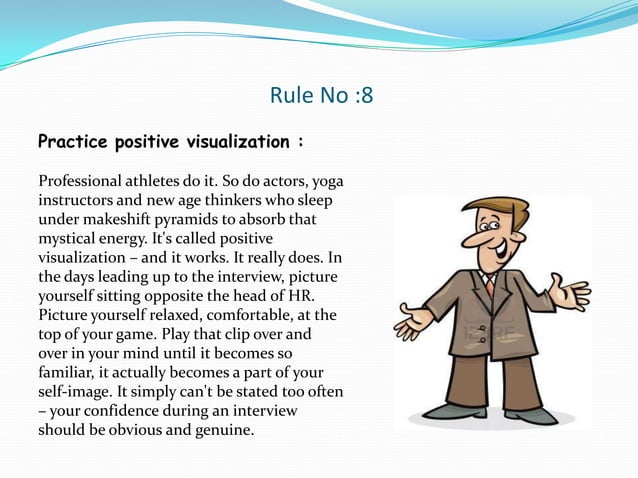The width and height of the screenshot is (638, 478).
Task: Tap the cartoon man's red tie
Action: click(x=490, y=285)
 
